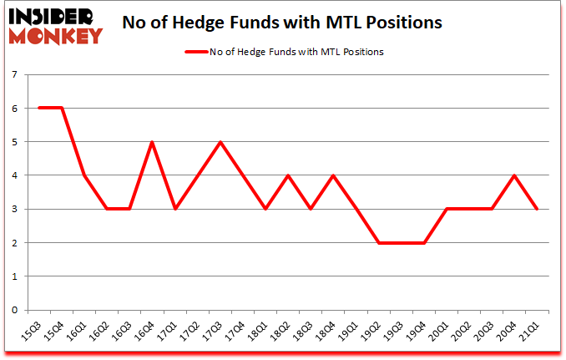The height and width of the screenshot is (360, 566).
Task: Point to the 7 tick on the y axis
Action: pos(14,74)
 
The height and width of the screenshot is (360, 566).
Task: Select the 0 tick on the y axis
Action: pos(14,310)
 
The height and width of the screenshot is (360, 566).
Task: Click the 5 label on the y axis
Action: pos(14,142)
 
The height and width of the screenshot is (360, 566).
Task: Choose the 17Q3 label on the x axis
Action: pos(215,331)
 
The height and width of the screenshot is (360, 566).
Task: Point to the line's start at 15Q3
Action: pos(39,108)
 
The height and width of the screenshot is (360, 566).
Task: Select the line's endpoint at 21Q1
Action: pos(537,209)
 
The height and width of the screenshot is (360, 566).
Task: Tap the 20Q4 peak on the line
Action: pos(514,175)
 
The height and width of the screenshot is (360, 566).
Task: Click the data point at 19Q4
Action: pos(423,242)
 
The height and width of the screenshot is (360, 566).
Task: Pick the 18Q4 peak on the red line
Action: pos(333,175)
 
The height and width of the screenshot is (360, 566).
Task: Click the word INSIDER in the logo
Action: pos(52,14)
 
